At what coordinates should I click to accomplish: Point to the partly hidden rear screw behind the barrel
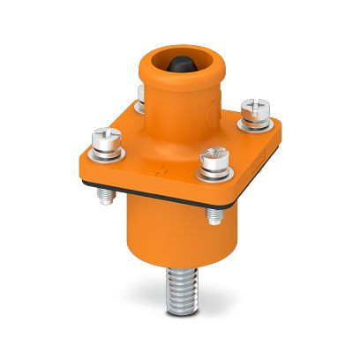[141, 94]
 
